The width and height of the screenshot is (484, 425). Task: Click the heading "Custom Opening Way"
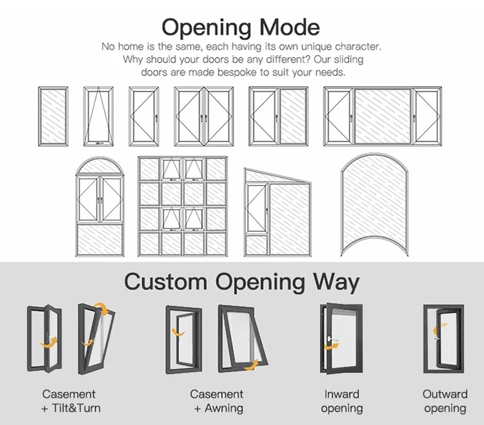[x=241, y=282]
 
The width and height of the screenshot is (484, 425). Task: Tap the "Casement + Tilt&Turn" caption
[x=69, y=400]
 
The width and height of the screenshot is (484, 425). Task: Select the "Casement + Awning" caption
[x=217, y=400]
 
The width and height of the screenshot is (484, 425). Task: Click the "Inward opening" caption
[x=342, y=400]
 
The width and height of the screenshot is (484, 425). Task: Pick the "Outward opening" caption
[x=445, y=400]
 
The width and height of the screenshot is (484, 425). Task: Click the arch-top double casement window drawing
[x=100, y=206]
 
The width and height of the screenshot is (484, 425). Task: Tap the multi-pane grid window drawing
[x=183, y=206]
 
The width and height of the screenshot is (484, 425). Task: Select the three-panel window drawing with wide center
[x=383, y=117]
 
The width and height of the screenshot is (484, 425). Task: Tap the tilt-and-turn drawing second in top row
[x=98, y=117]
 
